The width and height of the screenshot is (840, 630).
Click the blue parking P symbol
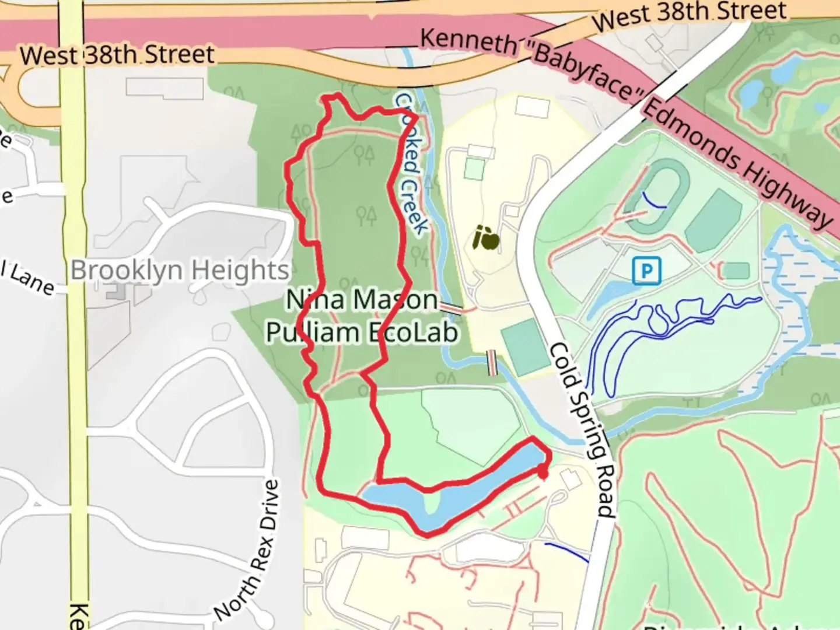coord(646,271)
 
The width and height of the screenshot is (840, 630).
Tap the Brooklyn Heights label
coord(180,271)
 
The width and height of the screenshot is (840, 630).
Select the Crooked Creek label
coord(412,164)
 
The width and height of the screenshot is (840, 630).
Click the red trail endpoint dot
coord(542,473)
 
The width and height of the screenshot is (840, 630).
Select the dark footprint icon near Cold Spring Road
coord(486,238)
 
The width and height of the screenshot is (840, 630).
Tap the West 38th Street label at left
coord(117,55)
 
